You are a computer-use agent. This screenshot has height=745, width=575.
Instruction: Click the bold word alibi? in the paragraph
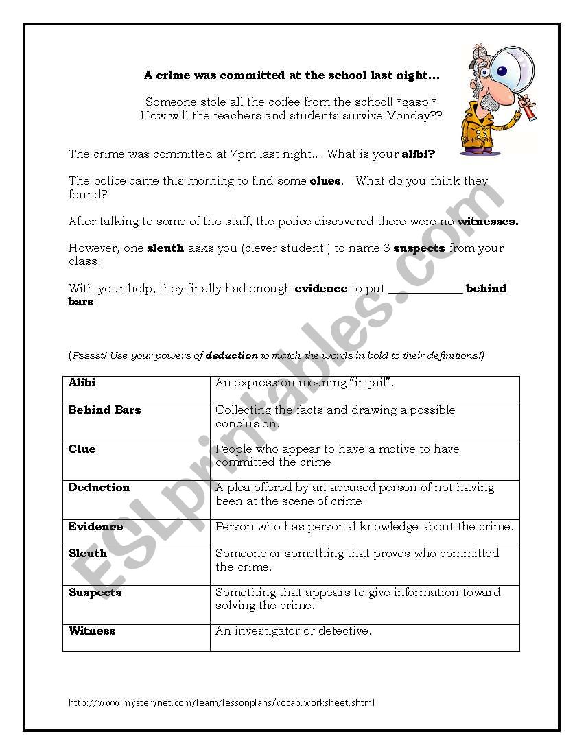point(418,154)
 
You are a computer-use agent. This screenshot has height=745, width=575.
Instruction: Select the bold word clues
point(326,182)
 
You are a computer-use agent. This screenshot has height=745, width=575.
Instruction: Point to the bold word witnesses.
point(488,222)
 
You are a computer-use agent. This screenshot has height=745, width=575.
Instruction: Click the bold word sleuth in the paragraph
point(165,248)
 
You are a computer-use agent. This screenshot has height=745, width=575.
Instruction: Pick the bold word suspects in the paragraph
point(419,248)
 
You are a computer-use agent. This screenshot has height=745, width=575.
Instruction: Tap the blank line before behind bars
point(425,289)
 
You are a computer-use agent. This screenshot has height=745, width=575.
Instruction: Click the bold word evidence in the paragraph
point(320,289)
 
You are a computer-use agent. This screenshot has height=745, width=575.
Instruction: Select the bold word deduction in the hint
point(232,355)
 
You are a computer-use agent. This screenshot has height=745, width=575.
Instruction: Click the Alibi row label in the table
point(82,383)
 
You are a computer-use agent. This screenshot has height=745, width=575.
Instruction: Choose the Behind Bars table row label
point(104,410)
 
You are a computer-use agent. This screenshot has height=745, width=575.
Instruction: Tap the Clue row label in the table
point(82,449)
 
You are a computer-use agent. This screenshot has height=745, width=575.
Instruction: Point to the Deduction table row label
point(99,488)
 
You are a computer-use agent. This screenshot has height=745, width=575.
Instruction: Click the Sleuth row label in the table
point(88,554)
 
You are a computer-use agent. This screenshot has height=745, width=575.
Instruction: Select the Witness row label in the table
point(92,631)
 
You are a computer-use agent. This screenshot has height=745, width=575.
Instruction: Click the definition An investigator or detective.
point(293,631)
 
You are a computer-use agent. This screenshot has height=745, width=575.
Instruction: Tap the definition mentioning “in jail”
point(314,383)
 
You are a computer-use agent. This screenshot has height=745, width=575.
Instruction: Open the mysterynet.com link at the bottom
point(222,702)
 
